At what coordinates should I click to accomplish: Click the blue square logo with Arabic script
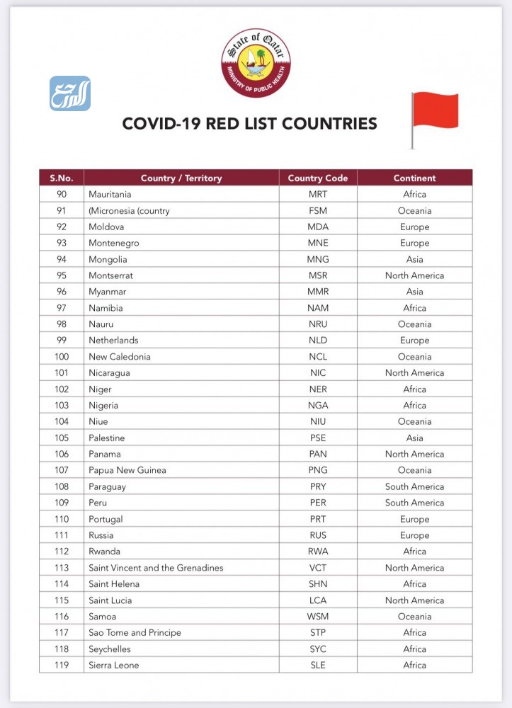(70, 93)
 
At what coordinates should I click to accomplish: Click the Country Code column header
(318, 178)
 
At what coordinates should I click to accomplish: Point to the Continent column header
(414, 178)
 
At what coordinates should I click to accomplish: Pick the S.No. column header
(62, 178)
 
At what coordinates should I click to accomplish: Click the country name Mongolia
(108, 259)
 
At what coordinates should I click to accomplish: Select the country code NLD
(318, 341)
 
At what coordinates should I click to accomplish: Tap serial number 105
(62, 438)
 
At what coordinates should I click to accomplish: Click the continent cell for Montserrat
(414, 275)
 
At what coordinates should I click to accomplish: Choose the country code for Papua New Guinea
(318, 470)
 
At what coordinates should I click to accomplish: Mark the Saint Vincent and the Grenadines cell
(156, 568)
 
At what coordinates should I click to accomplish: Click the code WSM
(318, 617)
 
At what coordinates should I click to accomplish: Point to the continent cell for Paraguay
(414, 486)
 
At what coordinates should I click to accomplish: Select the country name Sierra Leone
(113, 665)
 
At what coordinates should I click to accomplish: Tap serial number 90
(62, 194)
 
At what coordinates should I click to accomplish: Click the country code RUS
(318, 535)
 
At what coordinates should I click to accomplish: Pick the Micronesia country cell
(129, 210)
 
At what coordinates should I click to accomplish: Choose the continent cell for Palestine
(414, 438)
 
